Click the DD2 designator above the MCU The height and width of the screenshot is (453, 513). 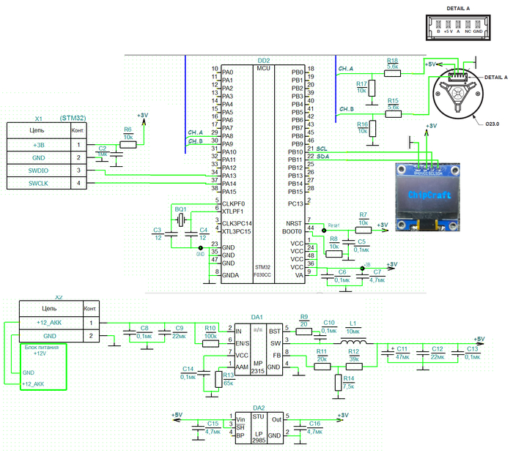coord(263,60)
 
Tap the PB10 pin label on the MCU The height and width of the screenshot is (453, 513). coord(297,151)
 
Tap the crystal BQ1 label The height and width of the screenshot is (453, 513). coord(180,209)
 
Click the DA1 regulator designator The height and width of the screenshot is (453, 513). coord(257,317)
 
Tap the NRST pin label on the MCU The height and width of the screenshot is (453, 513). coord(295,222)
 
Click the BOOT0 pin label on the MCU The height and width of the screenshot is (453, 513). coord(293,231)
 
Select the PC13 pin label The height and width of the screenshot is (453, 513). coord(296,203)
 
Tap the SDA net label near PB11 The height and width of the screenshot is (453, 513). coord(322,157)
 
